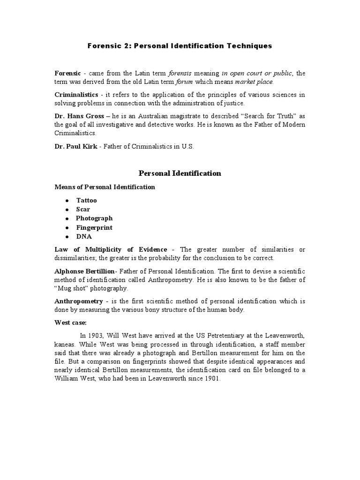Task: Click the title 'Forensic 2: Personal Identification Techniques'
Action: pyautogui.click(x=180, y=46)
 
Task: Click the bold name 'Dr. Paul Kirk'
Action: pyautogui.click(x=75, y=146)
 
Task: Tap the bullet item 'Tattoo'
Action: pyautogui.click(x=87, y=200)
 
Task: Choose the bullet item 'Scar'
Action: pyautogui.click(x=83, y=209)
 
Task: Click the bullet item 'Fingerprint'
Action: pyautogui.click(x=94, y=227)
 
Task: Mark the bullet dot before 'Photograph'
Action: pyautogui.click(x=67, y=218)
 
